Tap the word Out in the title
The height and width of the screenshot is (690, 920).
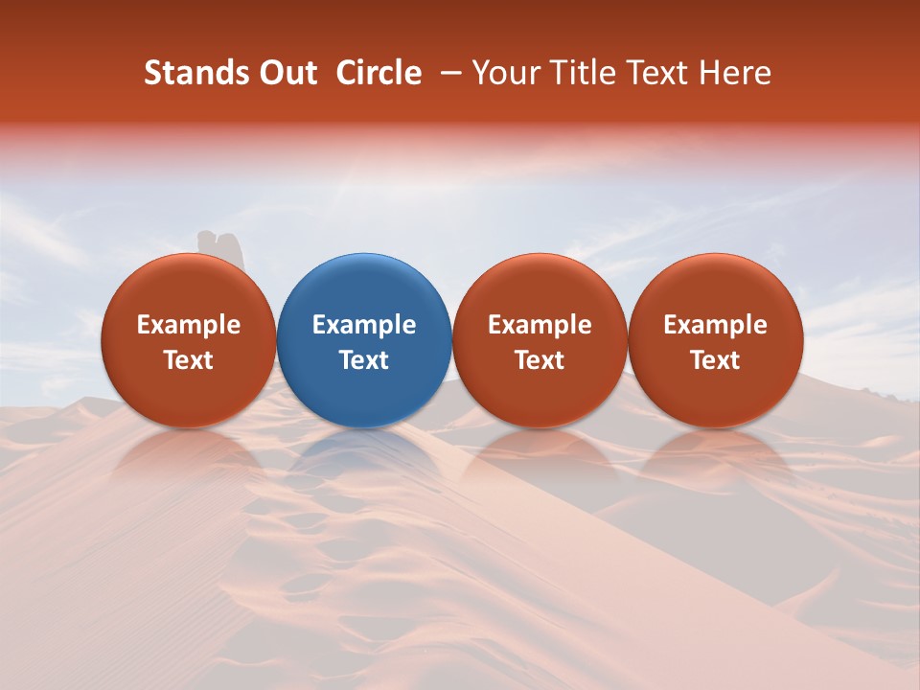click(x=287, y=73)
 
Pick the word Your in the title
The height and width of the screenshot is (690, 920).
click(x=505, y=73)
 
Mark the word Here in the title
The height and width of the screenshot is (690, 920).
click(x=737, y=73)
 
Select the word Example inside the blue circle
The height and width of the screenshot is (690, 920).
click(x=364, y=325)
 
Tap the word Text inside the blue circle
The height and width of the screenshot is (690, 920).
click(x=364, y=360)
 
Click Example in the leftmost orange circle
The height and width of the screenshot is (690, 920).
click(x=189, y=325)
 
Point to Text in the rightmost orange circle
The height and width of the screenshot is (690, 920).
click(x=715, y=360)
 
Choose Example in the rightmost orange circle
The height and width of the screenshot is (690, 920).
click(x=715, y=325)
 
